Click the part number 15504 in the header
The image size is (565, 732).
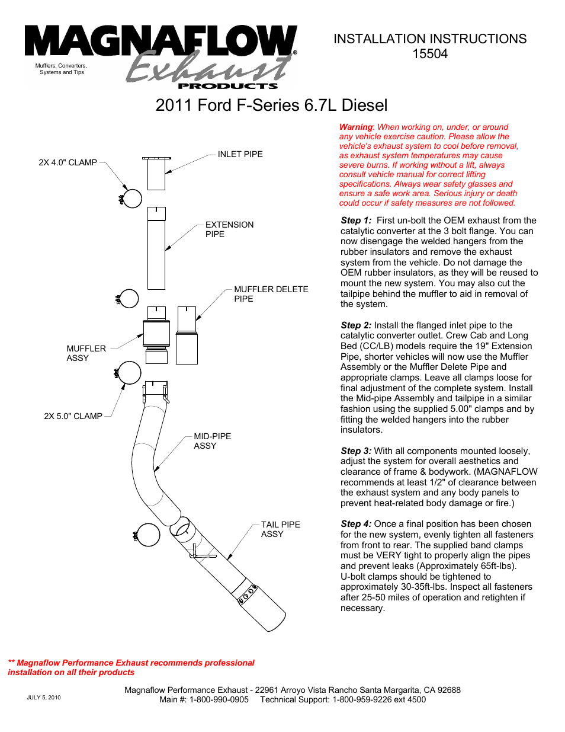[x=430, y=54]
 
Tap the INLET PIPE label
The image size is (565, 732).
[x=240, y=154]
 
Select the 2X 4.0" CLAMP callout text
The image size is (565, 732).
[x=68, y=162]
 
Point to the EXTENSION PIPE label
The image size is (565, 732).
[x=229, y=229]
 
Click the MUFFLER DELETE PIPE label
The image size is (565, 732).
[x=271, y=294]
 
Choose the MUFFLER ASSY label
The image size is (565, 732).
[x=86, y=353]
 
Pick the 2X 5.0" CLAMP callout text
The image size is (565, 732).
[x=73, y=416]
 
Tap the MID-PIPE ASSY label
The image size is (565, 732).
[x=212, y=441]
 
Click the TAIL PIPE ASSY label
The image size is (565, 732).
[x=280, y=529]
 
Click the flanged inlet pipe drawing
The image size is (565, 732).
[x=156, y=173]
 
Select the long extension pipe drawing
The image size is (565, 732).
[x=156, y=249]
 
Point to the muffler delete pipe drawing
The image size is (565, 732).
[x=187, y=335]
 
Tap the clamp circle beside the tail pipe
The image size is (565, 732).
[x=148, y=535]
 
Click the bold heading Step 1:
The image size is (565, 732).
[x=356, y=220]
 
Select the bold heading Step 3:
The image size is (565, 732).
[x=356, y=451]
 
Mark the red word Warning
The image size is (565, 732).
[x=355, y=127]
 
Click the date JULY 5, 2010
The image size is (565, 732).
[x=44, y=698]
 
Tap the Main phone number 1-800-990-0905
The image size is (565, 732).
[x=219, y=699]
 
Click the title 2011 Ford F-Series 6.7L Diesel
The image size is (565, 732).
[x=271, y=106]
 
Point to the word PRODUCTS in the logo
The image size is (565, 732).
[x=228, y=86]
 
